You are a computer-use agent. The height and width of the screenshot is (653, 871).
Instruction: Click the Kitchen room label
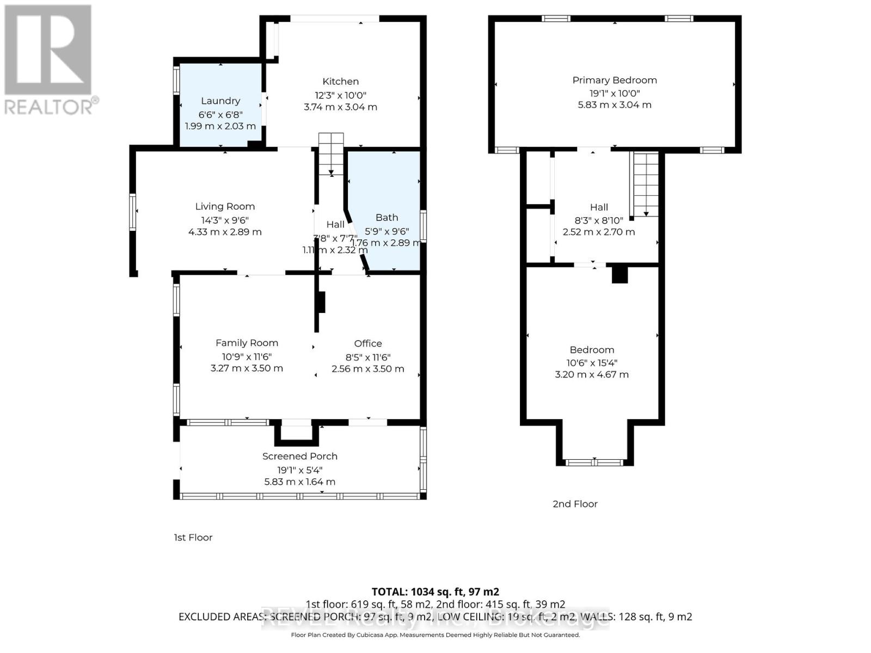(340, 82)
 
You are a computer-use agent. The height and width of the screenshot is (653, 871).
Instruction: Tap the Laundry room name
(220, 101)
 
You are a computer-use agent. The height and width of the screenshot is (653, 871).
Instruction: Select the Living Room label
(225, 206)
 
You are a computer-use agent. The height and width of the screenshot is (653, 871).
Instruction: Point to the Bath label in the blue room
(387, 217)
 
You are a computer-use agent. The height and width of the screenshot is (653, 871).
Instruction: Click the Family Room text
(247, 343)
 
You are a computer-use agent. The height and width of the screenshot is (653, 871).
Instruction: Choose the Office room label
(368, 343)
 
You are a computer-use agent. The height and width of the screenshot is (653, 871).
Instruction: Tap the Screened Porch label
(300, 456)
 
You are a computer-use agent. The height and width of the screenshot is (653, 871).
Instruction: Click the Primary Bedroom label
(615, 80)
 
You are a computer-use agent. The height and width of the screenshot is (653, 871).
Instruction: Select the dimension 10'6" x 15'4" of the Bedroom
(592, 362)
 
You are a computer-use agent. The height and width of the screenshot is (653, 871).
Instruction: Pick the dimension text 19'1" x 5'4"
(300, 470)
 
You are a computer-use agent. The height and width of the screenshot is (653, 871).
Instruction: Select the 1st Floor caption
(193, 537)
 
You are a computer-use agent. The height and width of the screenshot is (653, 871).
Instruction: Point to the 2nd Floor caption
(575, 504)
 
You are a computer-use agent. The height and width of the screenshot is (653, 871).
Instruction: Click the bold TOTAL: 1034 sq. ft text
(435, 592)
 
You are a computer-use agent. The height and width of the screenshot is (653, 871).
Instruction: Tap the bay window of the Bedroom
(594, 463)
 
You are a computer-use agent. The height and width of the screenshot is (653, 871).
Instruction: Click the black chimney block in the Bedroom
(619, 274)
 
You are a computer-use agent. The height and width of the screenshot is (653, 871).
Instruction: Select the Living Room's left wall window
(132, 212)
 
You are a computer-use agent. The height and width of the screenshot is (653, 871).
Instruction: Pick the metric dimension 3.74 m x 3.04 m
(340, 107)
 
